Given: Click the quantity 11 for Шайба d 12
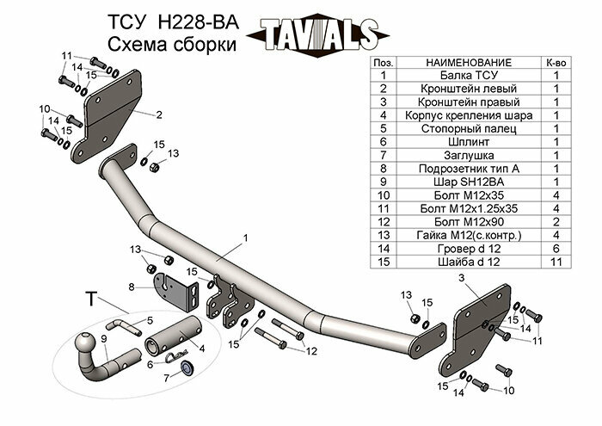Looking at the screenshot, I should (x=556, y=261).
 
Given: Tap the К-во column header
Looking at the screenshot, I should (x=556, y=63).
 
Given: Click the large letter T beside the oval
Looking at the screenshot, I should (x=91, y=299).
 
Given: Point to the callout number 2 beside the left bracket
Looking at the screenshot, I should (x=159, y=113).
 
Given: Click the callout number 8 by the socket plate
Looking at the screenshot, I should (x=131, y=287).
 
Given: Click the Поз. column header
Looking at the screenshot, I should (x=385, y=63).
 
